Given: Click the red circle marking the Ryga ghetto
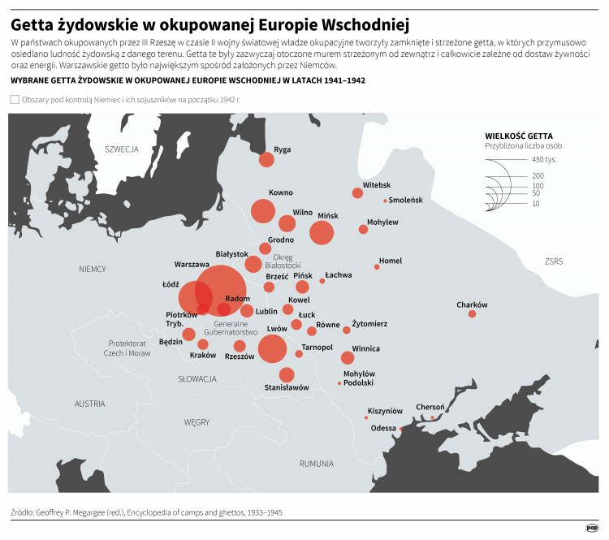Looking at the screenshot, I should pyautogui.click(x=266, y=160).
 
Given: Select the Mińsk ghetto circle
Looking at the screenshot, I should pyautogui.click(x=322, y=233).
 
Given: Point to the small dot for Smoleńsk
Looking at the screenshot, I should pyautogui.click(x=385, y=201).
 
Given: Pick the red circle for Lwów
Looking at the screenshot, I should pyautogui.click(x=272, y=348).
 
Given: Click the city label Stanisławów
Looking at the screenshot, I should pyautogui.click(x=287, y=388).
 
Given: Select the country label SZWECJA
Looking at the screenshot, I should pyautogui.click(x=122, y=149).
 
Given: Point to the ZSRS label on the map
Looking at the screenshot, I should pyautogui.click(x=555, y=261).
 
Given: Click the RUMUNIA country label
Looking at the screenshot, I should pyautogui.click(x=316, y=464).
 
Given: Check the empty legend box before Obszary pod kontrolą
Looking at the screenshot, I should pyautogui.click(x=15, y=99).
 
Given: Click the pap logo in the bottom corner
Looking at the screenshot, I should pyautogui.click(x=591, y=527).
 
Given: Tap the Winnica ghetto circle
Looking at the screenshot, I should pyautogui.click(x=348, y=358).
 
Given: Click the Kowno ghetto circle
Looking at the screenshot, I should pyautogui.click(x=262, y=211).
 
